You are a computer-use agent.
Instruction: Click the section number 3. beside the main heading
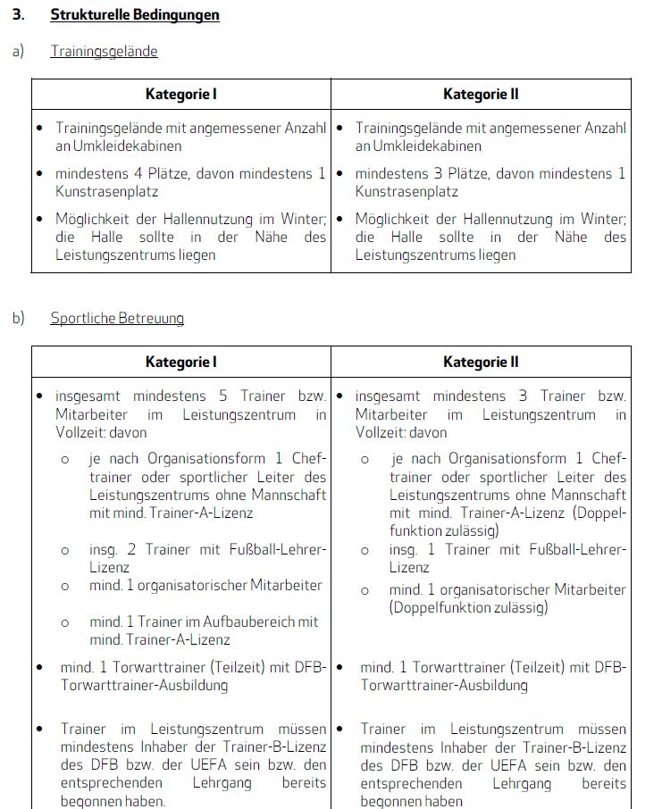pos(18,15)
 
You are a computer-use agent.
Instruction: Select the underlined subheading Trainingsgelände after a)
pos(104,52)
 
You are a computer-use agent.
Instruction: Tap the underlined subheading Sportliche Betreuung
pos(117,318)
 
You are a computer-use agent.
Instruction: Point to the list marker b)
pos(18,318)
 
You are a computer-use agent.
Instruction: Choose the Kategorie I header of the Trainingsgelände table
pos(181,94)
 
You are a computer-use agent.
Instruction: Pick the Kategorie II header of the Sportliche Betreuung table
pos(481,362)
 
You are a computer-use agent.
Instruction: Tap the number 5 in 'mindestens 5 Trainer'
pos(222,396)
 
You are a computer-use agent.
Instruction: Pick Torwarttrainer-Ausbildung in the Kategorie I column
pos(145,685)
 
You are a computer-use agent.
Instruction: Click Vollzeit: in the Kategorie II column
pos(383,432)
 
